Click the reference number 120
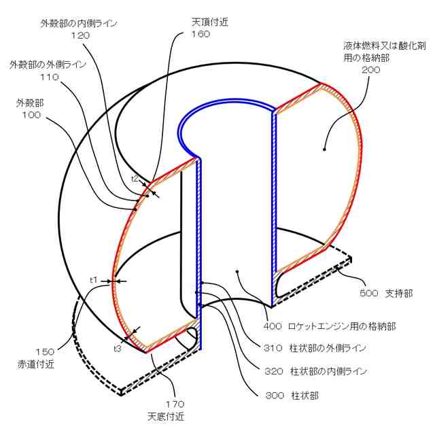click(x=80, y=35)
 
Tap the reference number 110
click(x=49, y=77)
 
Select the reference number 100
click(x=31, y=115)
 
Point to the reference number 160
click(x=201, y=34)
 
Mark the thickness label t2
click(x=135, y=179)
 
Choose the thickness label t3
click(x=118, y=348)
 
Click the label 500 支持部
click(x=385, y=294)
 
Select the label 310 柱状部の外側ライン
click(x=314, y=348)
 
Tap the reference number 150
click(x=46, y=351)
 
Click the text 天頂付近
click(x=209, y=22)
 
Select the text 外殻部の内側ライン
click(x=79, y=22)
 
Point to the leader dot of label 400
click(x=237, y=271)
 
